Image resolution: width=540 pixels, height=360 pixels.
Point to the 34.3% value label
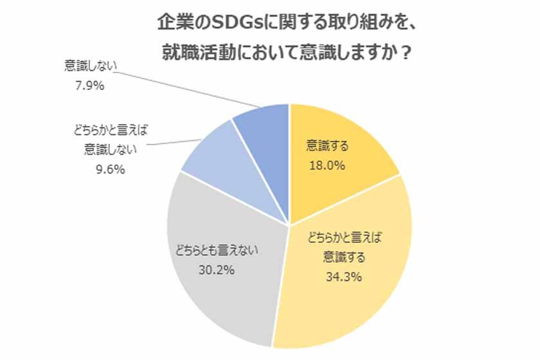coord(343,278)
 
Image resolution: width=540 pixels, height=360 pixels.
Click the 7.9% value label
coord(89,85)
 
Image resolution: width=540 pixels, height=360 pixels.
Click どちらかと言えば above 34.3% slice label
coord(343,239)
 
